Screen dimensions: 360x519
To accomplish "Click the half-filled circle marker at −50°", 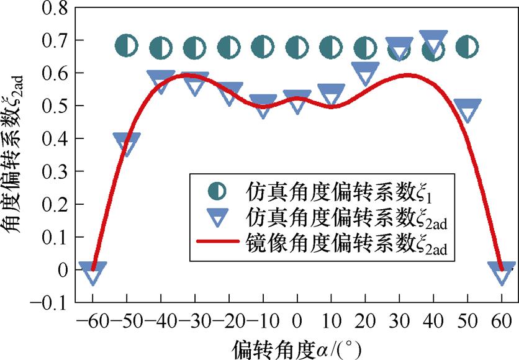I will tap(127, 45).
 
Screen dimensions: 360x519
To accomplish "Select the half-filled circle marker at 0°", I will tap(297, 46).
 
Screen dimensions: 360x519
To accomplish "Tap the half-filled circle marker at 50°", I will tap(467, 45).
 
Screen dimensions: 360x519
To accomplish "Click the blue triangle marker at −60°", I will tap(93, 272).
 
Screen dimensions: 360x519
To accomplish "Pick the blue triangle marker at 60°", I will tap(502, 272).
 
